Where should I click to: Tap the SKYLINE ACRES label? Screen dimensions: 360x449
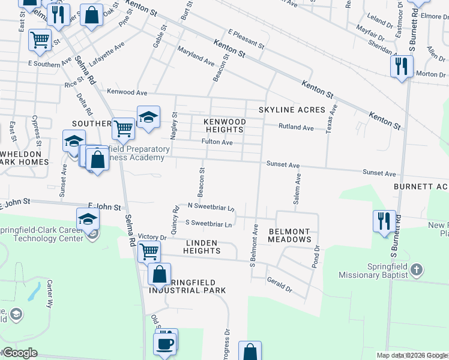click(292, 110)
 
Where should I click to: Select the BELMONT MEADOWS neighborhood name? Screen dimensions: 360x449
click(289, 235)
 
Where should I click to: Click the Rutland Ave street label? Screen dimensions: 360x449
click(296, 128)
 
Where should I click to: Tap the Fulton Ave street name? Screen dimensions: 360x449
click(217, 142)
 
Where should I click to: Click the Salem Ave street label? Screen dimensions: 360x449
click(296, 190)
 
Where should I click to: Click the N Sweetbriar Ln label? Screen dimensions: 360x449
click(211, 207)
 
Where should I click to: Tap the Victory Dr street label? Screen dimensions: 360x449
click(151, 237)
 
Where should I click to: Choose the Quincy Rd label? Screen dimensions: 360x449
click(176, 220)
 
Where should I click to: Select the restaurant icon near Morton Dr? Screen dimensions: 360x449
click(401, 65)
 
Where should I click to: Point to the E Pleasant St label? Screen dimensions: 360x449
click(246, 38)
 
